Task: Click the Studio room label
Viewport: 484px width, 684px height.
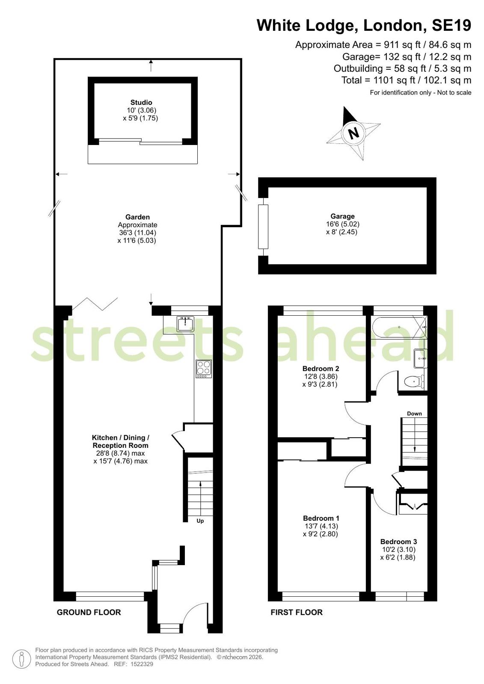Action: click(141, 102)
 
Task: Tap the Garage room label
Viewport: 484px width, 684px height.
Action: click(342, 216)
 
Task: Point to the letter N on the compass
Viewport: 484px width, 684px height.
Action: click(354, 133)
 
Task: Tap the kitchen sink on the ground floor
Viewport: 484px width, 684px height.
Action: click(185, 324)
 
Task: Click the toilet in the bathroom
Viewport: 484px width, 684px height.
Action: click(414, 382)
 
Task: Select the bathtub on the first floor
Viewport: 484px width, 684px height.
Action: click(398, 327)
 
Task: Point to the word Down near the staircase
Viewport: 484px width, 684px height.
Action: click(414, 414)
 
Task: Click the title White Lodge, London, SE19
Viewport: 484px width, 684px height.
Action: click(364, 25)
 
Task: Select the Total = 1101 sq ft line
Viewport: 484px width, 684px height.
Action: click(407, 80)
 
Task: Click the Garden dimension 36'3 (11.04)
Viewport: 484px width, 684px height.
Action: click(137, 233)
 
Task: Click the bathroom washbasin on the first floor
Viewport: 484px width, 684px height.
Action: click(420, 358)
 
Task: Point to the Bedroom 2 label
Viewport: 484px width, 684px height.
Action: click(321, 369)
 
